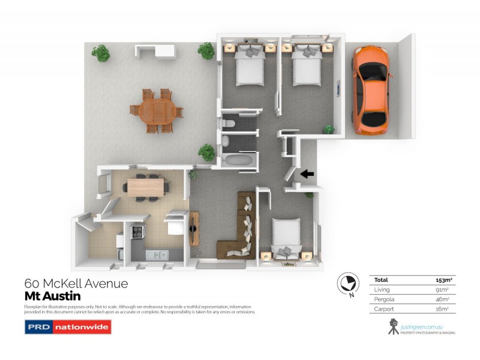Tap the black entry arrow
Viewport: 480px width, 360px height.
pos(307,175)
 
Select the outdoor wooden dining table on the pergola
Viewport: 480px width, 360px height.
pos(156,110)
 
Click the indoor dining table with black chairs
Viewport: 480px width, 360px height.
pos(146,187)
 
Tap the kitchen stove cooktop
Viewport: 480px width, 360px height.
pos(137,232)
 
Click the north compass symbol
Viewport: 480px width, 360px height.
pos(346,283)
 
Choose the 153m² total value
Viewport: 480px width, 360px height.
pos(443,280)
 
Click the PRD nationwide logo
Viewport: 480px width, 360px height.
pos(67,328)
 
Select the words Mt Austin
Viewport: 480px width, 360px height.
pos(52,296)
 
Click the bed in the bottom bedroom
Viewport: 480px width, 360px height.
pos(287,237)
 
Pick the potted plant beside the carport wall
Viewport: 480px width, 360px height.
pos(329,129)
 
